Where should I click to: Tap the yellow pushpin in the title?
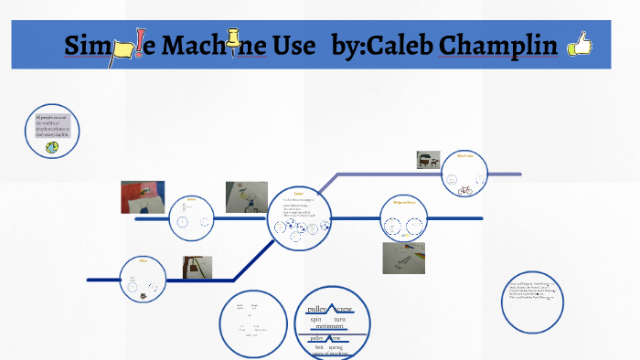click(235, 42)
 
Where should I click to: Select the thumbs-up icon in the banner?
click(579, 43)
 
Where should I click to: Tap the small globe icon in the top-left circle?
click(52, 146)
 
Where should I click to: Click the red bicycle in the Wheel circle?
click(464, 191)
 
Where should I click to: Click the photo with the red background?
click(142, 196)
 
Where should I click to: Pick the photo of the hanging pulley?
click(197, 268)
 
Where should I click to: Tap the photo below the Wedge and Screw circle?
click(402, 258)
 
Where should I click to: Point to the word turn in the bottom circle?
click(340, 319)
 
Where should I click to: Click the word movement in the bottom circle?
click(329, 326)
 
